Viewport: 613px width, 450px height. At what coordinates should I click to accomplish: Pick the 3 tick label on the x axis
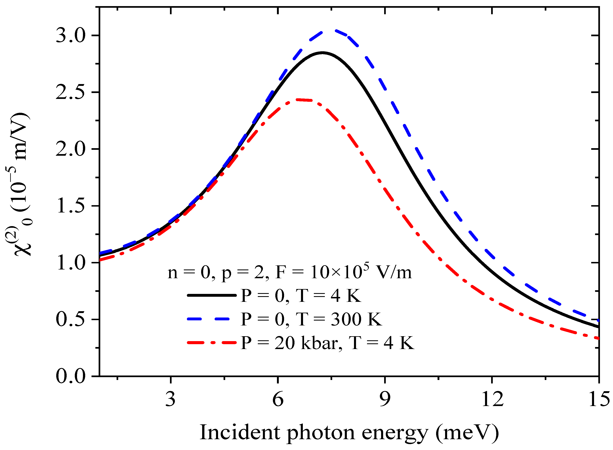[170, 399]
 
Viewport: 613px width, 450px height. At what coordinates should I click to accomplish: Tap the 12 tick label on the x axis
[492, 399]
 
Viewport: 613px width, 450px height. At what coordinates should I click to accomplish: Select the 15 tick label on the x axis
[599, 399]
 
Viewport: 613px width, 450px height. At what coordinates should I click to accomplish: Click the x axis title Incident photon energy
[349, 432]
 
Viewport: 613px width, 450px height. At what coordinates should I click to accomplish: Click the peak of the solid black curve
[322, 52]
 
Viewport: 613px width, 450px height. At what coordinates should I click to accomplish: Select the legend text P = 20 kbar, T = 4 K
[327, 343]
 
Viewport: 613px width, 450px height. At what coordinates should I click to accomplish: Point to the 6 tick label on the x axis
[278, 399]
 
